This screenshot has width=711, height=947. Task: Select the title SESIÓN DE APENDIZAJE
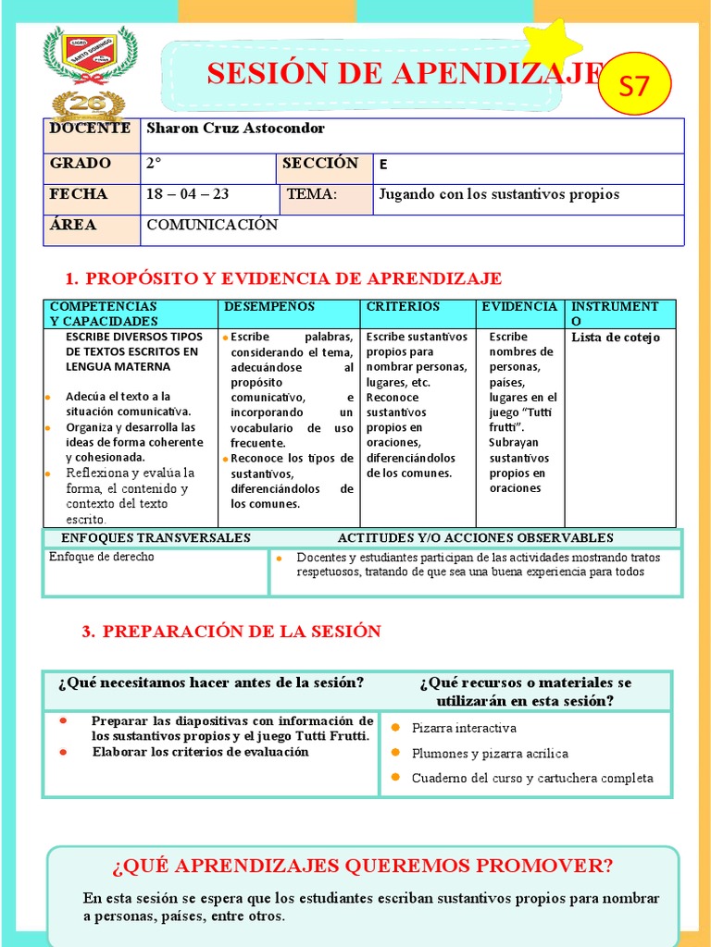(x=405, y=74)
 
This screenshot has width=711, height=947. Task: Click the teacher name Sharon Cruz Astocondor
(x=235, y=129)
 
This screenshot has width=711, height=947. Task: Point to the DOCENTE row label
(x=90, y=129)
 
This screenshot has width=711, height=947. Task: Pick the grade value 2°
(x=155, y=164)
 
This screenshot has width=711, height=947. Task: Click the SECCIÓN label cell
(x=320, y=164)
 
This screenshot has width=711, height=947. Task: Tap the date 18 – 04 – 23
(x=188, y=194)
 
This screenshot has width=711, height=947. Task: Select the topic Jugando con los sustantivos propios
(x=499, y=194)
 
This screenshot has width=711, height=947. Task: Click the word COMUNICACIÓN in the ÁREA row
(x=212, y=225)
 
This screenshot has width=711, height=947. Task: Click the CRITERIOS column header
(x=403, y=306)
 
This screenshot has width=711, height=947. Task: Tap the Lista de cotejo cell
(x=616, y=338)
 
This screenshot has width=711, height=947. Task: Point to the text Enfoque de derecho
(x=102, y=557)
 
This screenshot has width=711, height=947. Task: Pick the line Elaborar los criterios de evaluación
(x=200, y=752)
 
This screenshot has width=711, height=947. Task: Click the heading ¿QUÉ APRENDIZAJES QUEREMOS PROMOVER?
(x=362, y=867)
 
